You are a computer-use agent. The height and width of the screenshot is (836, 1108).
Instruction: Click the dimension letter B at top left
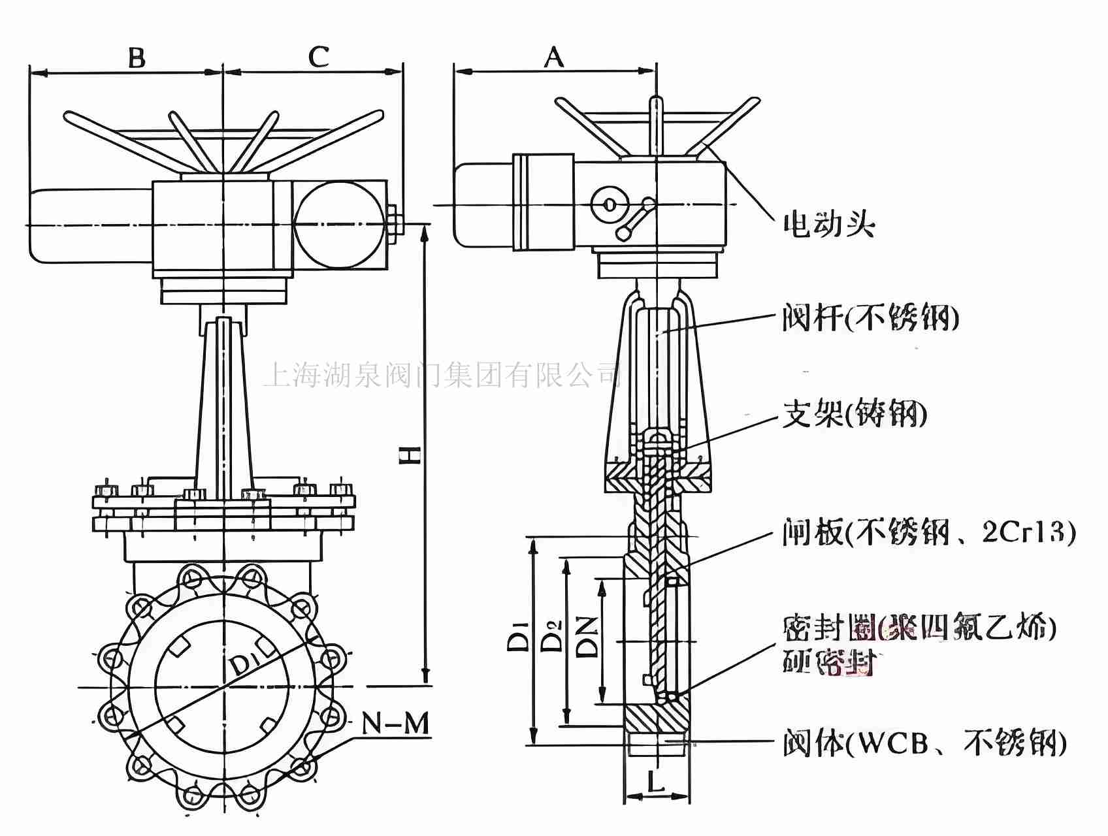coord(136,57)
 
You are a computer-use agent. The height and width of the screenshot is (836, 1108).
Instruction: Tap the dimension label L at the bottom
coord(656,780)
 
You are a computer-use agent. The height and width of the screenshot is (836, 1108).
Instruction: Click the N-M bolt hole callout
coord(396,724)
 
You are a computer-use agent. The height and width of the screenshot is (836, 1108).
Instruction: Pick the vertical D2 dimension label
coord(553,635)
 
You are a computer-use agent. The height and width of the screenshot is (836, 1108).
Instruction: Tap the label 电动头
coord(828,225)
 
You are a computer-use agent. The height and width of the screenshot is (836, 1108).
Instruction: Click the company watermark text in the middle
coord(442,376)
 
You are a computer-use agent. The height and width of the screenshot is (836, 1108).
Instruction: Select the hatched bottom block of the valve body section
coord(656,718)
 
